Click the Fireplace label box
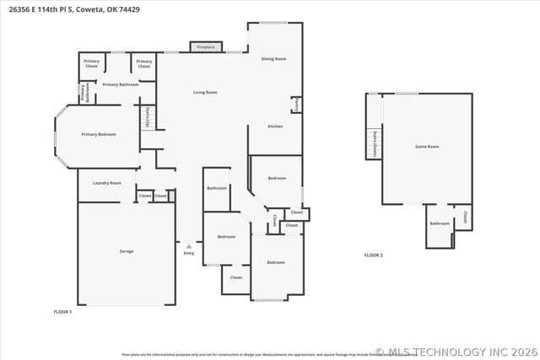pyautogui.click(x=206, y=47)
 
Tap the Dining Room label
pyautogui.click(x=273, y=59)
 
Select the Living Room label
pyautogui.click(x=205, y=92)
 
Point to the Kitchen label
pyautogui.click(x=275, y=126)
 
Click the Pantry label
pyautogui.click(x=296, y=105)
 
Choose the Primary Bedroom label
pyautogui.click(x=98, y=134)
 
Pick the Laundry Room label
pyautogui.click(x=107, y=183)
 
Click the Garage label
pyautogui.click(x=126, y=251)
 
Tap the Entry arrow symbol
pyautogui.click(x=188, y=245)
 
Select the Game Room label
pyautogui.click(x=427, y=147)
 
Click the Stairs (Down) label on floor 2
pyautogui.click(x=375, y=144)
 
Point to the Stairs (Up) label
pyautogui.click(x=148, y=117)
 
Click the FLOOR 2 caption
pyautogui.click(x=373, y=255)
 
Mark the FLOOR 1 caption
pyautogui.click(x=62, y=312)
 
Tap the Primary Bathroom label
pyautogui.click(x=121, y=84)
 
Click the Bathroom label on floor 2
pyautogui.click(x=440, y=223)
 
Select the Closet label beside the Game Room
pyautogui.click(x=465, y=218)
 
